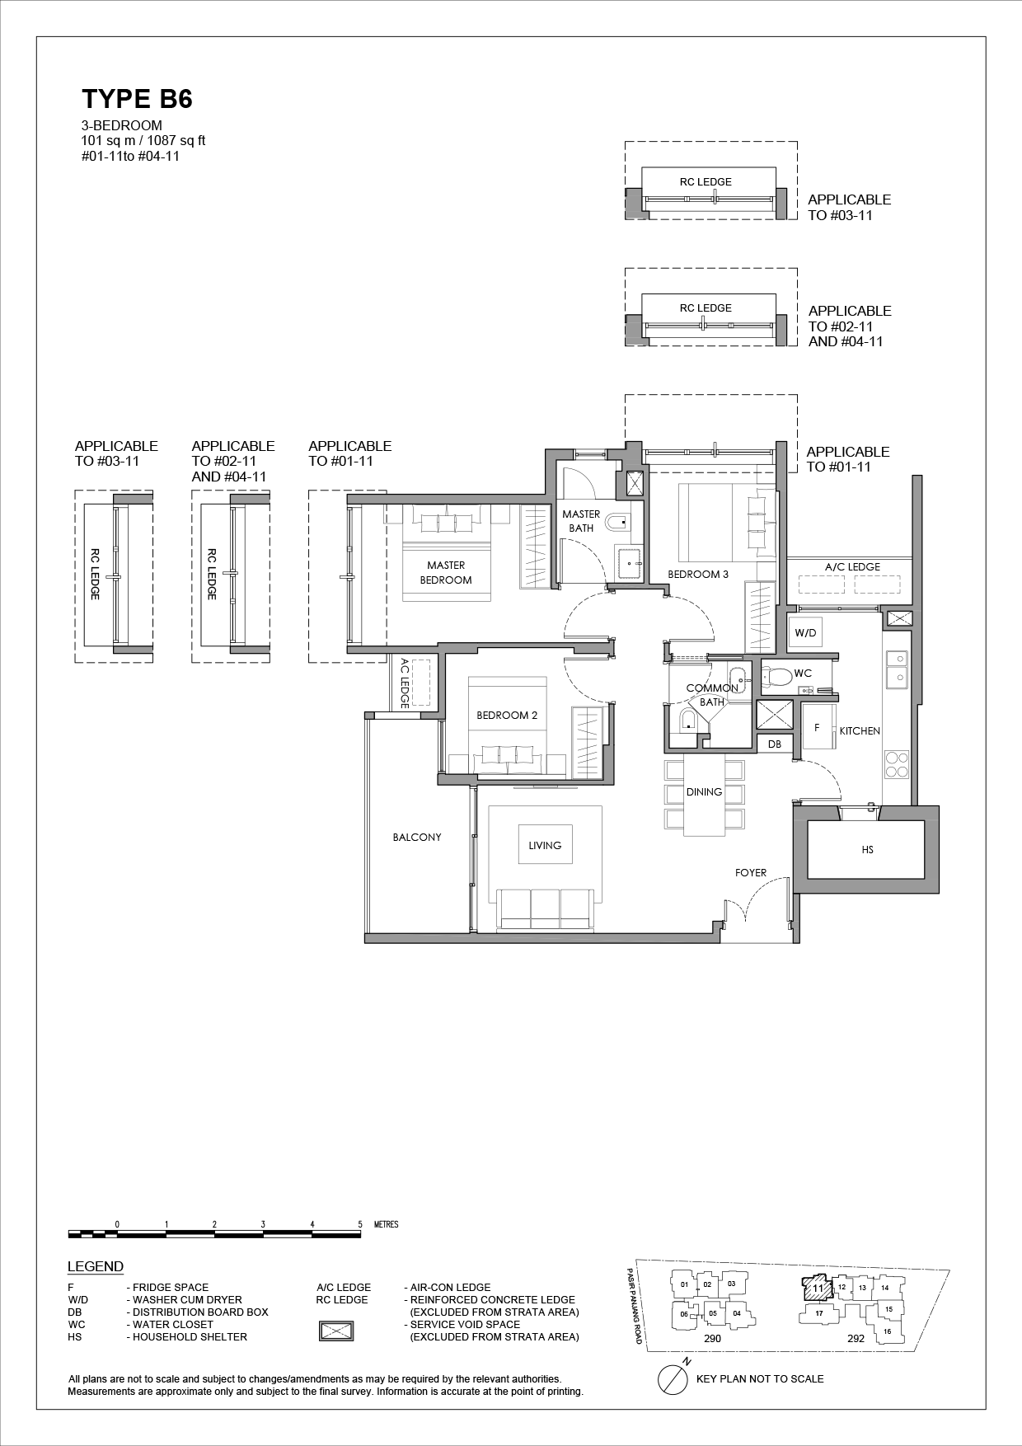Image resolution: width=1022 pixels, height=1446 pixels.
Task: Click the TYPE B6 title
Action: (x=137, y=100)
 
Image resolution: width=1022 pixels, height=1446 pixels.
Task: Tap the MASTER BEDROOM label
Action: (x=446, y=572)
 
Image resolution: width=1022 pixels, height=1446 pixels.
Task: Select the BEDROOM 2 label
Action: (x=507, y=715)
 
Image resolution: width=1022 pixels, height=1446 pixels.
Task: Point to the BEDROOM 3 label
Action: (x=698, y=574)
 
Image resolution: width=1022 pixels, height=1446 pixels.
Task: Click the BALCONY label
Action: (x=417, y=837)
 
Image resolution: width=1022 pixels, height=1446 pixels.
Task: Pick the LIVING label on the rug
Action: (x=545, y=845)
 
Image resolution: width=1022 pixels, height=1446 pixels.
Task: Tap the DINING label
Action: (x=704, y=791)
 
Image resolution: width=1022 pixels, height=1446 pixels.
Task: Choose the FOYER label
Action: (x=751, y=872)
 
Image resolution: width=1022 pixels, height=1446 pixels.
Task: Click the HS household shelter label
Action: (x=867, y=849)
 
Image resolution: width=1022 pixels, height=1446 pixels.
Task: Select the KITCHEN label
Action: (x=860, y=730)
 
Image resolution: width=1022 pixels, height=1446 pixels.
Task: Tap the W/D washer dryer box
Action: (x=805, y=633)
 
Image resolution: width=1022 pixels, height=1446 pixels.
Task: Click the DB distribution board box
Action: (x=775, y=744)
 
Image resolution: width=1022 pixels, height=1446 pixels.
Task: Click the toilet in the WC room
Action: (x=777, y=676)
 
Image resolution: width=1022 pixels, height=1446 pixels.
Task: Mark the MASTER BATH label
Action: (x=581, y=521)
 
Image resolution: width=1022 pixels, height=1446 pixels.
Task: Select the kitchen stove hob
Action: (x=896, y=765)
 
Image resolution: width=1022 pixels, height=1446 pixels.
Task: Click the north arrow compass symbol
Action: (x=673, y=1378)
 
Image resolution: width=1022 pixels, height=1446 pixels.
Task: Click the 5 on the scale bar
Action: (x=360, y=1224)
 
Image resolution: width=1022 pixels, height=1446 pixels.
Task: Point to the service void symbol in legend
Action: (x=336, y=1331)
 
